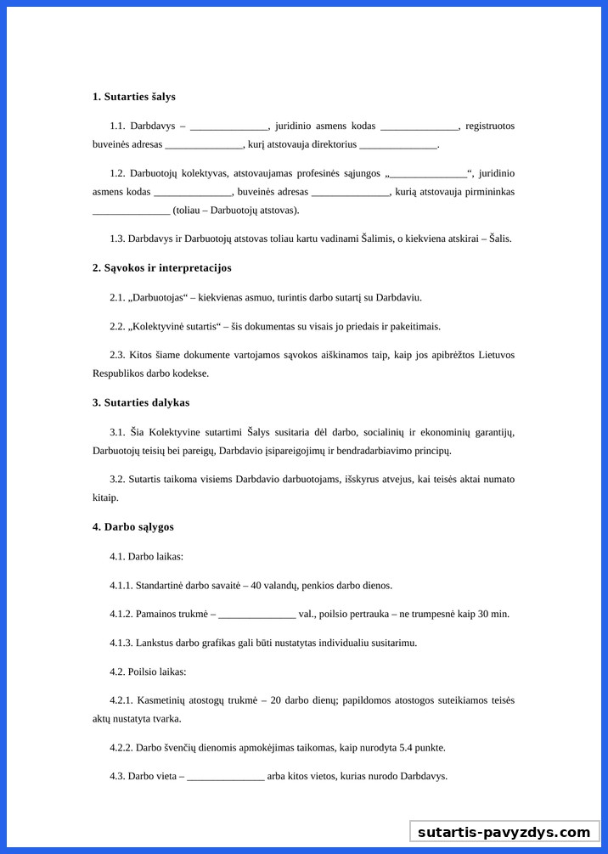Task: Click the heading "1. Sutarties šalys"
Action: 134,97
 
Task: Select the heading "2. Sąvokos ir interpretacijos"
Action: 162,268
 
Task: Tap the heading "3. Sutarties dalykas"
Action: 141,402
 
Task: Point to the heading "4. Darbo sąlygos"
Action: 133,527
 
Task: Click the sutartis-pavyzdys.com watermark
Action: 504,833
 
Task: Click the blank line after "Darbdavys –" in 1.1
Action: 229,126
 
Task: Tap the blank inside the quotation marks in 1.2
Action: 428,174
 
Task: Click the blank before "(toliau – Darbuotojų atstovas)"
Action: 131,211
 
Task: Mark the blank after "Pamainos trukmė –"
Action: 256,615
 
